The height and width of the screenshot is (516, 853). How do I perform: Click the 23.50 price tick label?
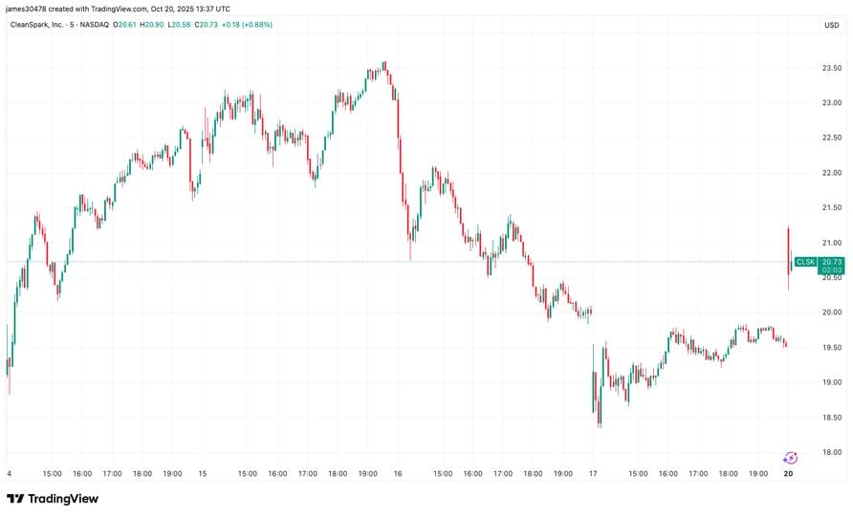[831, 68]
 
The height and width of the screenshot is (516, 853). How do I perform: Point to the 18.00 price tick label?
[831, 453]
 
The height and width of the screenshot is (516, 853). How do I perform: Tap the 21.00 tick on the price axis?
[831, 243]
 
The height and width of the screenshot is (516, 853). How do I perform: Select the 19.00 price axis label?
[831, 382]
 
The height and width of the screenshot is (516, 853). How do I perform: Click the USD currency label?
[831, 25]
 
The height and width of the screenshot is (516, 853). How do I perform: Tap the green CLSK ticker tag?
[805, 262]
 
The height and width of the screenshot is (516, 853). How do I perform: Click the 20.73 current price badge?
[831, 262]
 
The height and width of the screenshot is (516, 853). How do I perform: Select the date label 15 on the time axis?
[202, 473]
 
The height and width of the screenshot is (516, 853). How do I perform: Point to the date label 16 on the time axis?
[398, 473]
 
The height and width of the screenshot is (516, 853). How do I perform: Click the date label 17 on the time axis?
[593, 473]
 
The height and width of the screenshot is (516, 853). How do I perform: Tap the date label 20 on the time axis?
[788, 473]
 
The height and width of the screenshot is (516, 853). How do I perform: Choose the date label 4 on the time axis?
[9, 473]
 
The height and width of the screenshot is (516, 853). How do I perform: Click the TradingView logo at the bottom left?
[53, 499]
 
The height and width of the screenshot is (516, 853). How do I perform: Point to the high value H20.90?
[151, 24]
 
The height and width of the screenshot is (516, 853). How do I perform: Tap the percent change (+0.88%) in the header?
[256, 24]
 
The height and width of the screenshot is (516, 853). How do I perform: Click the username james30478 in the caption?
[28, 9]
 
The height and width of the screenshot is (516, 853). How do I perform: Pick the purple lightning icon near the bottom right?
[790, 458]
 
